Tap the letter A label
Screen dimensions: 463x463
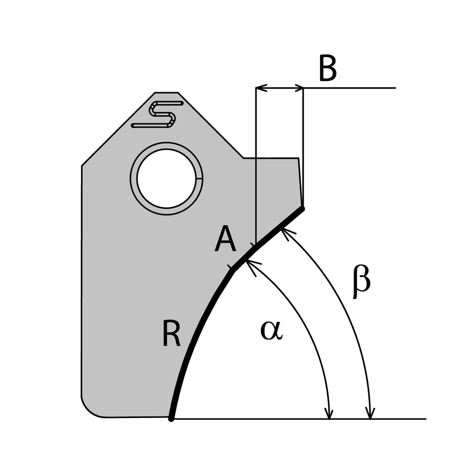(225, 240)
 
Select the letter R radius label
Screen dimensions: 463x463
(171, 335)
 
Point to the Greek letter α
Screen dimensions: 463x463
(271, 331)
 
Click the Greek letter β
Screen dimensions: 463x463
(362, 283)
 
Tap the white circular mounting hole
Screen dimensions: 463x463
(166, 179)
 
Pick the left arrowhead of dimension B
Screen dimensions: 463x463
(260, 88)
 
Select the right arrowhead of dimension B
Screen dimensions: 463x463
(298, 88)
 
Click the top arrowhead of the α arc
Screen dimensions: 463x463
(251, 264)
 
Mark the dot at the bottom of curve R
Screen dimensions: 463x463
(171, 419)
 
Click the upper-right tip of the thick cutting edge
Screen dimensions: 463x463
(302, 208)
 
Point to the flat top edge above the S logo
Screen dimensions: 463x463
(166, 93)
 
